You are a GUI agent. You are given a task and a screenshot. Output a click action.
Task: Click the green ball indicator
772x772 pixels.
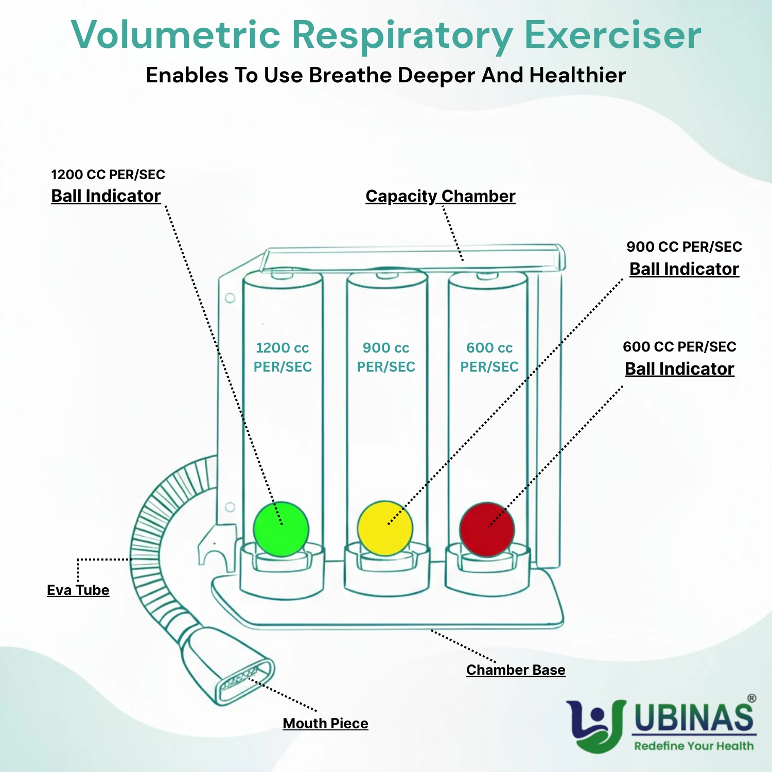click(x=281, y=529)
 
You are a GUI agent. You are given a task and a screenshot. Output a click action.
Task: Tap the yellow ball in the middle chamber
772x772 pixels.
click(x=385, y=529)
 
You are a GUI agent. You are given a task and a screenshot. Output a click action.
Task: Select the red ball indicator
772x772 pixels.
click(x=487, y=530)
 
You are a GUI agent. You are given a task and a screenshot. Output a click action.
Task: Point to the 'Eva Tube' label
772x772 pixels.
click(x=78, y=590)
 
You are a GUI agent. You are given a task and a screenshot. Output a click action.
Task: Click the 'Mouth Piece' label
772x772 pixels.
click(x=325, y=723)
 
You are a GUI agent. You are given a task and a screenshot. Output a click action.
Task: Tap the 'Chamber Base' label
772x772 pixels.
click(x=516, y=670)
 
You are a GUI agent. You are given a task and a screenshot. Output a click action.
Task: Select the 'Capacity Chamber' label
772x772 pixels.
click(x=440, y=196)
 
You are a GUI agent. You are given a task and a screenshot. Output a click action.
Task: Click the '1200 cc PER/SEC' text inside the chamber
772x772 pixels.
click(x=283, y=357)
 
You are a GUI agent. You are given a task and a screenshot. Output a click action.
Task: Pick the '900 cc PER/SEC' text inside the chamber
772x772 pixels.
click(x=386, y=357)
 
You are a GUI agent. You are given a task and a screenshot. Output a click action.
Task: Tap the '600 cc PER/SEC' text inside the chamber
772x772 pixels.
click(x=489, y=357)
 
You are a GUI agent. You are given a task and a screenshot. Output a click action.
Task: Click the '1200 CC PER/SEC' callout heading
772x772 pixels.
click(x=108, y=174)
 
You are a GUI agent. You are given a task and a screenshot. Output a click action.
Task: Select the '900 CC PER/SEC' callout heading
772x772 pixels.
click(x=684, y=247)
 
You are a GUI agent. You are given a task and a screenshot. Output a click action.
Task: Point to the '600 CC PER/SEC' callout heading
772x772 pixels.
click(x=679, y=346)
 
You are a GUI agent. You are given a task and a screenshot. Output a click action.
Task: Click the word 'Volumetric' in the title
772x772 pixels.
click(x=176, y=35)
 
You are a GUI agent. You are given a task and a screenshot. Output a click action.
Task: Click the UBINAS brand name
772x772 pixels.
click(x=694, y=717)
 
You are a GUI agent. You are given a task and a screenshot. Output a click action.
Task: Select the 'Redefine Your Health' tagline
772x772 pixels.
click(x=694, y=746)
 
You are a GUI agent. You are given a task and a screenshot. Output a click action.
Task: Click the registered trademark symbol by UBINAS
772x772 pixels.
click(x=752, y=698)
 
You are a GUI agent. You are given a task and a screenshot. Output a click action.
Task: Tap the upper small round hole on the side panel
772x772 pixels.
click(x=230, y=298)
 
